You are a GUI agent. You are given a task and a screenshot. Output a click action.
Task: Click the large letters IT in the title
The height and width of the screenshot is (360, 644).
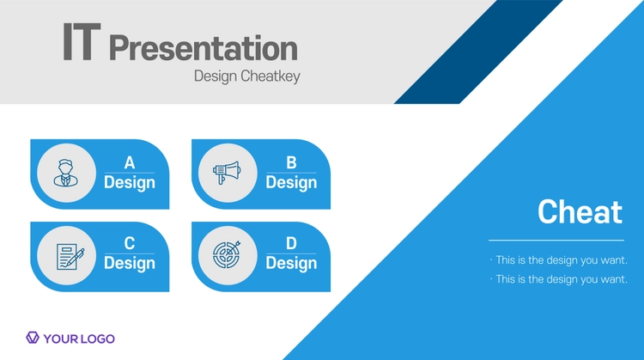pos(82,41)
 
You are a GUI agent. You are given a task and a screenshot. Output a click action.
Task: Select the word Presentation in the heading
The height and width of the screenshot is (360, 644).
pos(204,48)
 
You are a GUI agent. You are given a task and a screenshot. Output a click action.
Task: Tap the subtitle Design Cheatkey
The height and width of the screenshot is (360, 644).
pos(246,76)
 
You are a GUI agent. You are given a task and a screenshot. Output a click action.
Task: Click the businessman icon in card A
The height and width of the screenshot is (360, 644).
pos(66,173)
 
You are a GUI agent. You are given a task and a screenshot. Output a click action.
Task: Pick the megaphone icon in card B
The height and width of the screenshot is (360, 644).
pos(227,173)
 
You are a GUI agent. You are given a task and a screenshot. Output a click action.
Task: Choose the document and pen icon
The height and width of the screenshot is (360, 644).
pos(70,257)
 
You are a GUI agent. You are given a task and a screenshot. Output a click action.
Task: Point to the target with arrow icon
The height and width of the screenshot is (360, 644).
pos(227,255)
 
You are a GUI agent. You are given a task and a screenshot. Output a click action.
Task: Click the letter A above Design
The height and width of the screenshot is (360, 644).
pos(130,162)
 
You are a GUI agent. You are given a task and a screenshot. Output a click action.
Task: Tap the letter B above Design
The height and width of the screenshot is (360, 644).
pos(291,162)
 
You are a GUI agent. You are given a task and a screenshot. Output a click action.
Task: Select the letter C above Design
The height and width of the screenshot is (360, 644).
pos(130,243)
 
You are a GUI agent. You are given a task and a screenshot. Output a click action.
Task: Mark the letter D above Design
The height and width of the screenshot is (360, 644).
pos(291,243)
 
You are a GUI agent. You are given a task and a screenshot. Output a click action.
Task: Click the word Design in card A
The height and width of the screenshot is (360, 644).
pos(130,182)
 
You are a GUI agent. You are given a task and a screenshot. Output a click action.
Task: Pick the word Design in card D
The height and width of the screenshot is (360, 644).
pos(291,263)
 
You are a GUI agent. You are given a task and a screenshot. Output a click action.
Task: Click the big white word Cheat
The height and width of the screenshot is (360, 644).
pos(580,212)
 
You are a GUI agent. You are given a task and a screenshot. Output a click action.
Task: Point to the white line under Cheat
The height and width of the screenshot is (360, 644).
pos(556,241)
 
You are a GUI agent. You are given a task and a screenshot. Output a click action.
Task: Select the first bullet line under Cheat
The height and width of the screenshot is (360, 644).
pos(559,260)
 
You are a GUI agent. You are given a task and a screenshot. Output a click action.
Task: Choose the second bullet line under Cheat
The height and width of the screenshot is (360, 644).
pos(559,279)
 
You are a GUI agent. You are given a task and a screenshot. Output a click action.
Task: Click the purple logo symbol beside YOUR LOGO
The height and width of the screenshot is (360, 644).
pos(33,338)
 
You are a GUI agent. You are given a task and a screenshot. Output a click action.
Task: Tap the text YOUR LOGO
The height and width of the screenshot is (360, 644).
pos(79,339)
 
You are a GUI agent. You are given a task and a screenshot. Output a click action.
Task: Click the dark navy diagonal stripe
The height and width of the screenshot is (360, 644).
pos(478,52)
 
